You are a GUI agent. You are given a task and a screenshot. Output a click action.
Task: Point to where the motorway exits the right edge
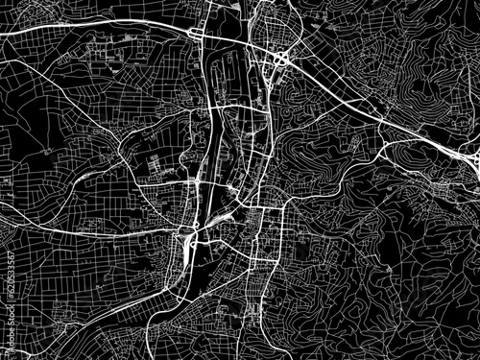click(x=477, y=154)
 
